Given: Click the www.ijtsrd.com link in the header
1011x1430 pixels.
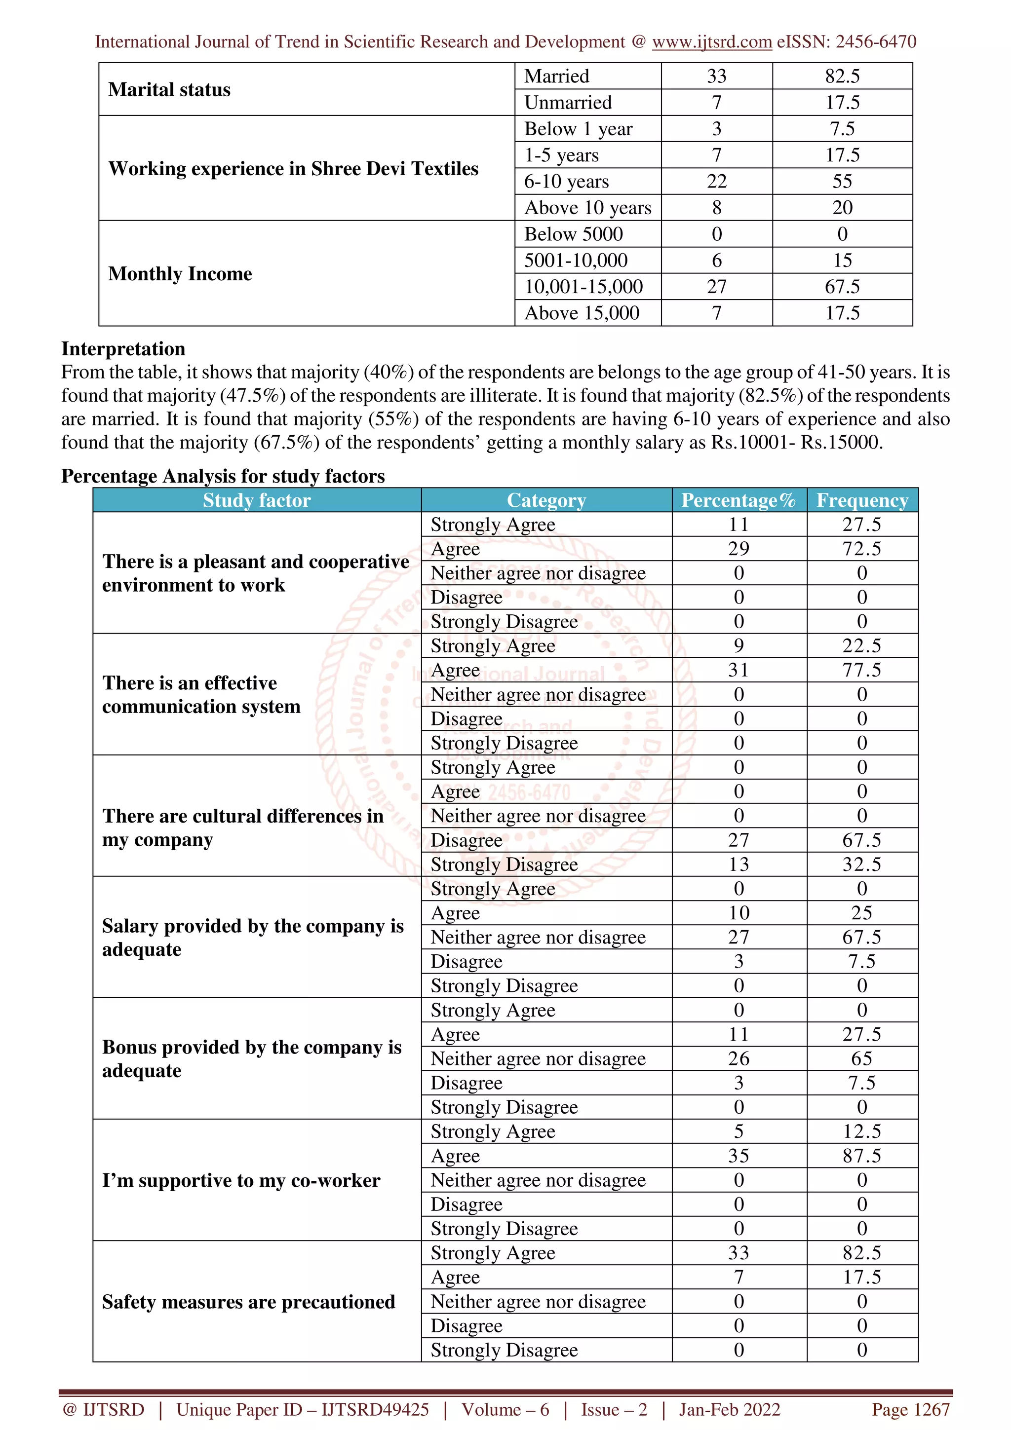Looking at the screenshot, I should click(711, 42).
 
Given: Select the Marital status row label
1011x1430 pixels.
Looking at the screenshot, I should click(169, 90).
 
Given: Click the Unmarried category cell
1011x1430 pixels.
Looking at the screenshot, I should click(568, 102).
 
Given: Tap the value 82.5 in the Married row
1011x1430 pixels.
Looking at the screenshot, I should click(842, 76).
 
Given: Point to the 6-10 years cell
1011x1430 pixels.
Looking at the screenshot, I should click(566, 181).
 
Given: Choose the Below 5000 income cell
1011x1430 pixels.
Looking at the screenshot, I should click(573, 234).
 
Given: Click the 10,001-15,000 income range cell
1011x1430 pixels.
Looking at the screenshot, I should click(583, 287).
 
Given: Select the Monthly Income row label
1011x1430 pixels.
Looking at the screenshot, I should click(180, 273).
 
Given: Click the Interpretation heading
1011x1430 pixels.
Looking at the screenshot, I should click(123, 349).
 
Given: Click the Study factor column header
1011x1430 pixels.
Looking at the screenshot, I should click(257, 500).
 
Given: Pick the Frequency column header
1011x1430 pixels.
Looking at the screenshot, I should click(862, 500).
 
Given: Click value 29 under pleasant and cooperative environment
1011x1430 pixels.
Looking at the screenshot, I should click(739, 549).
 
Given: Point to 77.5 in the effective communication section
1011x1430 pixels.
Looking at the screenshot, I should click(861, 670).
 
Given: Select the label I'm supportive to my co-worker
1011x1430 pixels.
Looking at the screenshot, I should click(241, 1180).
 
